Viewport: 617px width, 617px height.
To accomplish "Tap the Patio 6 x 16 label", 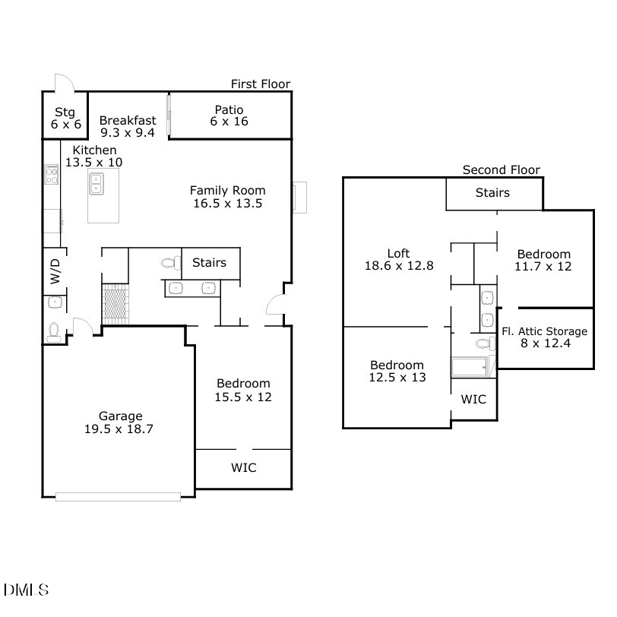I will click(229, 115).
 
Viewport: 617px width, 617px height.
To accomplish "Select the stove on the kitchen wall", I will click(52, 176).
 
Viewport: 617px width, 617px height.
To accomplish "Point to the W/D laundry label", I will click(55, 271).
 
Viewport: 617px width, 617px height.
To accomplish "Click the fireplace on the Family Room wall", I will click(300, 197).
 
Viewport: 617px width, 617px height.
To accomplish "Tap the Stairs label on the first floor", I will click(209, 263).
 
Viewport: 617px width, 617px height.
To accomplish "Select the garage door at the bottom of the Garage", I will click(118, 498).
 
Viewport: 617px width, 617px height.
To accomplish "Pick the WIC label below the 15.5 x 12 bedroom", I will click(243, 468).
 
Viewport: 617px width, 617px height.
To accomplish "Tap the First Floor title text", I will click(261, 84).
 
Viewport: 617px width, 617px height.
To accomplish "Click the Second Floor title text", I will click(502, 170).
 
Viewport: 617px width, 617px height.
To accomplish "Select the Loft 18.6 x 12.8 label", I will click(399, 260).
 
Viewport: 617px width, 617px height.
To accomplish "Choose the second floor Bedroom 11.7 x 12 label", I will click(543, 261).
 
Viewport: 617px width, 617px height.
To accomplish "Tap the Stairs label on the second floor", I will click(492, 193).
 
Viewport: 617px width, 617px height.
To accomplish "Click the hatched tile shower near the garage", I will click(116, 302).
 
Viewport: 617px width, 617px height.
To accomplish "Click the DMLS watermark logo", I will click(27, 590).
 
